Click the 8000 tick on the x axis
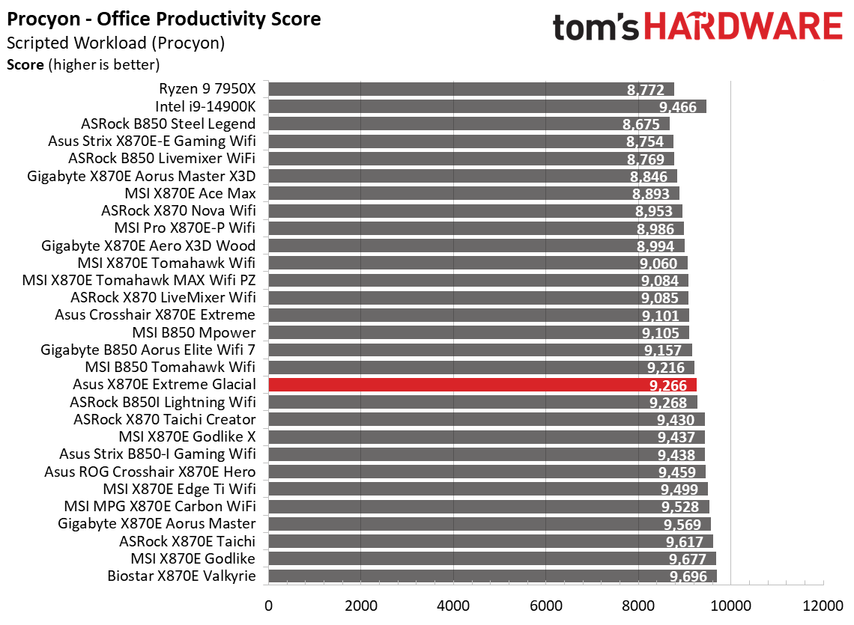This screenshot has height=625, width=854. [638, 604]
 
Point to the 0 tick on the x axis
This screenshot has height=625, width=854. [267, 604]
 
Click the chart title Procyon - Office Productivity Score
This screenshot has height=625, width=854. [164, 19]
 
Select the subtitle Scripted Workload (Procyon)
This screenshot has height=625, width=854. [115, 43]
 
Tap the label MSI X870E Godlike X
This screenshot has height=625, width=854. [187, 436]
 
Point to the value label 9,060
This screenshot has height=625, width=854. [659, 263]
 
